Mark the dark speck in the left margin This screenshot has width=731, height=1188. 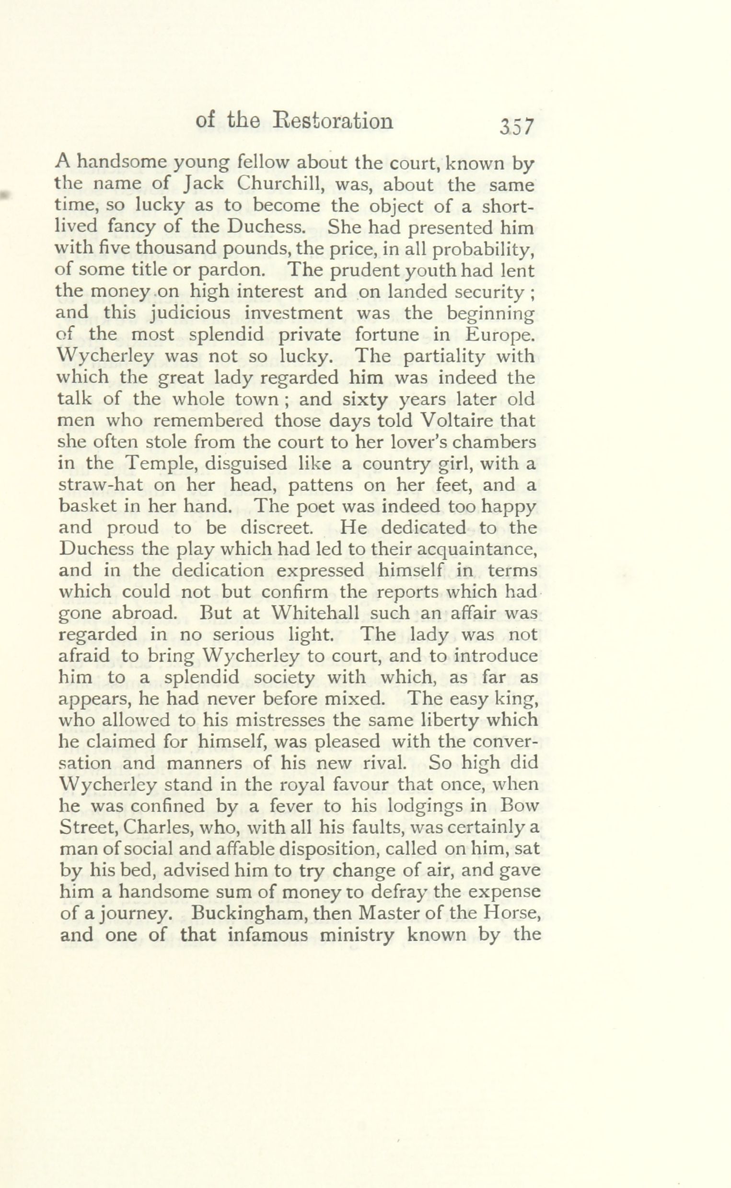pos(6,195)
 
